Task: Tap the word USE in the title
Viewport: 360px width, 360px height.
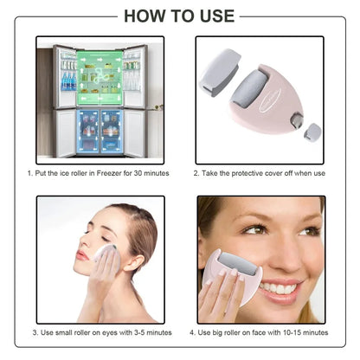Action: tap(213, 15)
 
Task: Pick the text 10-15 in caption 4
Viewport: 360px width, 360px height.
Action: tap(283, 331)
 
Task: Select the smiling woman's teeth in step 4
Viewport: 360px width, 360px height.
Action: tap(279, 289)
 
